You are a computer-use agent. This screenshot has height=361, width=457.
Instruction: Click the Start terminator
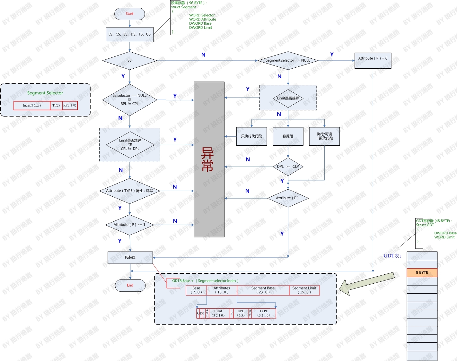(x=129, y=14)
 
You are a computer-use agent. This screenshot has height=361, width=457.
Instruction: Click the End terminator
(x=130, y=285)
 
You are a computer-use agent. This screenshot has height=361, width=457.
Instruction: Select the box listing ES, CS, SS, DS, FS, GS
(x=130, y=34)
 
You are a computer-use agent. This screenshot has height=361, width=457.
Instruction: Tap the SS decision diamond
(x=129, y=60)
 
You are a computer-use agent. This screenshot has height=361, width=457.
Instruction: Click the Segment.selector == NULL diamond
(x=288, y=60)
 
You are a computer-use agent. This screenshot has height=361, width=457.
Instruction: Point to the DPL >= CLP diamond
(x=288, y=167)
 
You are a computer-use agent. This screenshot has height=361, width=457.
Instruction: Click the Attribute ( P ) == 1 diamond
(x=129, y=225)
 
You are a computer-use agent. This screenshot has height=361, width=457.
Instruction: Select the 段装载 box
(x=130, y=257)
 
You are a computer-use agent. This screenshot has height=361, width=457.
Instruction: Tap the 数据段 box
(x=288, y=136)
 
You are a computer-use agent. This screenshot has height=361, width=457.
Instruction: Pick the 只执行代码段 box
(x=251, y=136)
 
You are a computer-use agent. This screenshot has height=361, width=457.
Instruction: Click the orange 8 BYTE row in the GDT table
(x=422, y=272)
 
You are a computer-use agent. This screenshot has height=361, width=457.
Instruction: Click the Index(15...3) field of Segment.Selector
(x=32, y=105)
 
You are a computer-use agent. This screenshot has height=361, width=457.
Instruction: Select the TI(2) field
(x=56, y=105)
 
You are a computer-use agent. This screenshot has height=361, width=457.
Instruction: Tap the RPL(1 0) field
(x=70, y=105)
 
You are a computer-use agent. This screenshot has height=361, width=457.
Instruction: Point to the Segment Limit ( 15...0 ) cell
(x=304, y=290)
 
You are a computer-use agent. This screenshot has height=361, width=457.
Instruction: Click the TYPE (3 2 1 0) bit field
(x=263, y=313)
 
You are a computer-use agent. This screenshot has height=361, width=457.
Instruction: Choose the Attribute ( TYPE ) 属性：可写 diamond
(x=129, y=191)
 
